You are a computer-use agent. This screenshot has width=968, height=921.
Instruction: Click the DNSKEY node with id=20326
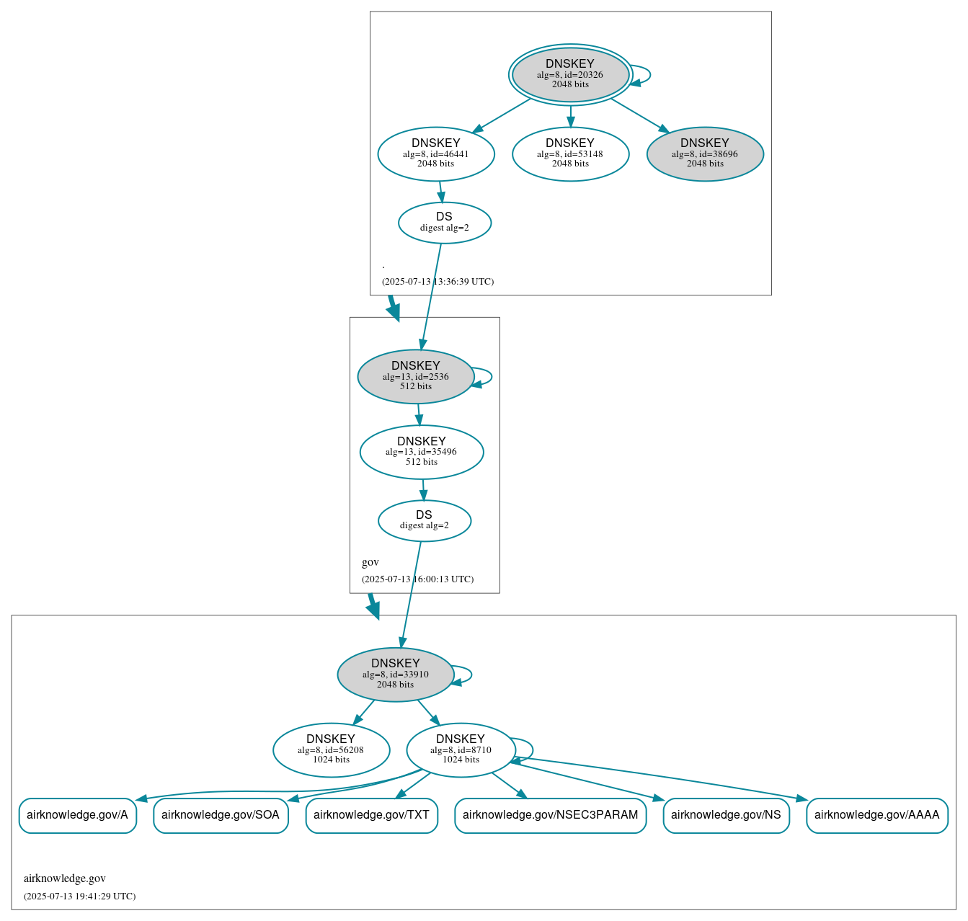(x=570, y=74)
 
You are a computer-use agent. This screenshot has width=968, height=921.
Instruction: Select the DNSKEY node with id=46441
(x=436, y=153)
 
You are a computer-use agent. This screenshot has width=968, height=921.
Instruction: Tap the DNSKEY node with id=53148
(x=570, y=153)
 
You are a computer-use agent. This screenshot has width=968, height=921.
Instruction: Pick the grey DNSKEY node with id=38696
(x=705, y=153)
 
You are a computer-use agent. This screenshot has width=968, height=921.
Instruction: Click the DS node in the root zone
(x=445, y=223)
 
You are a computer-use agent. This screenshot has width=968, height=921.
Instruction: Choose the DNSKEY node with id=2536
(x=416, y=376)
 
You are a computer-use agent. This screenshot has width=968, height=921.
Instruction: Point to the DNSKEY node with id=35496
(x=422, y=452)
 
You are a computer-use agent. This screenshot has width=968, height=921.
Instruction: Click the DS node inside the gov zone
(x=425, y=520)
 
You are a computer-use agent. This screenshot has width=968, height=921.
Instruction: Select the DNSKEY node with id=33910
(x=396, y=675)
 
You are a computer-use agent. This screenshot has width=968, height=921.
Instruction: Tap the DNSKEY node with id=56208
(x=332, y=749)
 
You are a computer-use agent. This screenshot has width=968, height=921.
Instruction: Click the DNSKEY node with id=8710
(x=461, y=749)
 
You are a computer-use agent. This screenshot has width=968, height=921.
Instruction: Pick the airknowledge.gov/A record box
(x=77, y=815)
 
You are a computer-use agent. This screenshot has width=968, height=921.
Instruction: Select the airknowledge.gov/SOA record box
(x=221, y=815)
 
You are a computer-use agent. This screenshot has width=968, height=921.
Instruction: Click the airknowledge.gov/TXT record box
(x=371, y=815)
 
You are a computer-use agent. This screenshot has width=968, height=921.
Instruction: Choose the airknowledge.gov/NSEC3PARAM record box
(x=550, y=815)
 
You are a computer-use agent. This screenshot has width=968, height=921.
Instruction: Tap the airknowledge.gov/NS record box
(x=726, y=815)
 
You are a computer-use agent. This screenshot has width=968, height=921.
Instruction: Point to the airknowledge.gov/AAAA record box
(x=876, y=815)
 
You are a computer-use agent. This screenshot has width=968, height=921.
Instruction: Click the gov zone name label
(x=370, y=562)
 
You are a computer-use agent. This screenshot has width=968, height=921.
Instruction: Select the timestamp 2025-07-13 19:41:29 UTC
(x=79, y=896)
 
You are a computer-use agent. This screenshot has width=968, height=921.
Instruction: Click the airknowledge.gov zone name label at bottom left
(x=65, y=878)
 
